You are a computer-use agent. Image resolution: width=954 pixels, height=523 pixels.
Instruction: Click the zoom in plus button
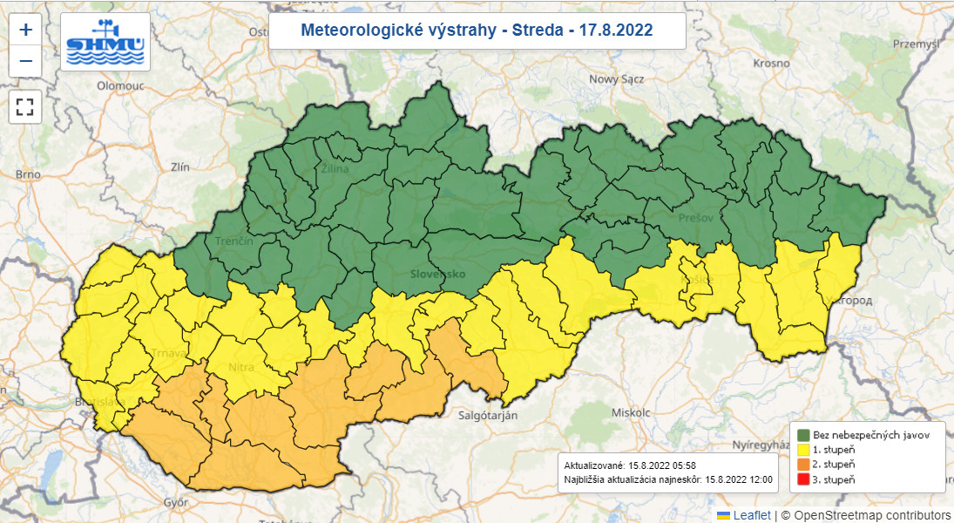[x=26, y=30]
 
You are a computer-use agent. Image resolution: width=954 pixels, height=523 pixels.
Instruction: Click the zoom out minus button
[x=26, y=61]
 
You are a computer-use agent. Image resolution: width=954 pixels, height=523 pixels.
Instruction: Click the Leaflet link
[x=751, y=515]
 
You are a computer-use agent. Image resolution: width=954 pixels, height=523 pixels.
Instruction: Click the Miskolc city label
[x=631, y=411]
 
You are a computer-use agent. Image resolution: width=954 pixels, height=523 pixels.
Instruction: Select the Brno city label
[x=28, y=174]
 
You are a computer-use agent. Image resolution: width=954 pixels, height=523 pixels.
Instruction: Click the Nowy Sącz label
[x=616, y=79]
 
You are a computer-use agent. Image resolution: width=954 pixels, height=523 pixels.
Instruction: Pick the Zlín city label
[x=180, y=166]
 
